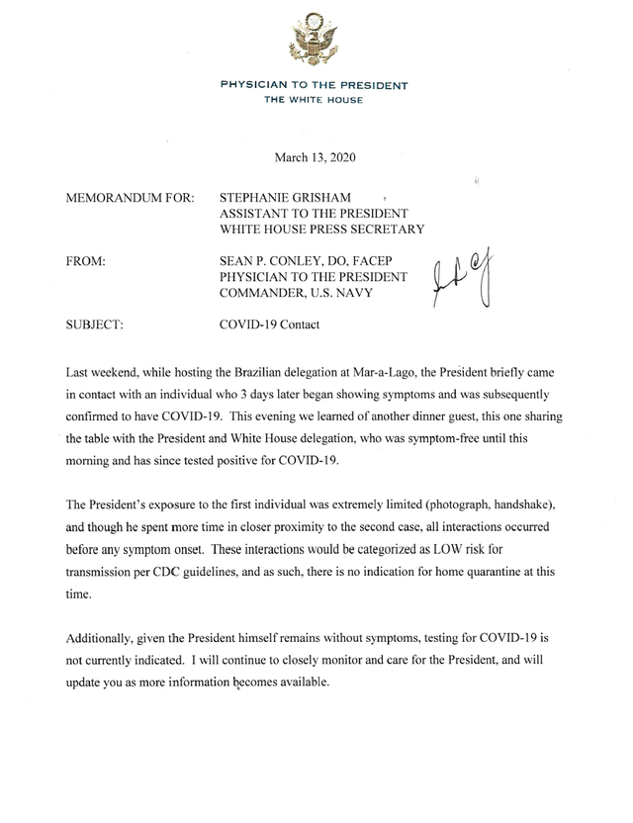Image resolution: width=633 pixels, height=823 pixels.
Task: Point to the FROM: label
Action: [x=84, y=260]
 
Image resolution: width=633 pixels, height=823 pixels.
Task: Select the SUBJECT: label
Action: [x=92, y=323]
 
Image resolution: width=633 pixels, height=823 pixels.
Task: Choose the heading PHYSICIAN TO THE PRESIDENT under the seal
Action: [x=314, y=86]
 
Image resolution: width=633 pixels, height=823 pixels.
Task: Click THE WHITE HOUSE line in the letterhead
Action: [x=314, y=100]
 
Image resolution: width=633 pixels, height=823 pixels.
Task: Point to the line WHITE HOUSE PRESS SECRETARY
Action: [x=321, y=229]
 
